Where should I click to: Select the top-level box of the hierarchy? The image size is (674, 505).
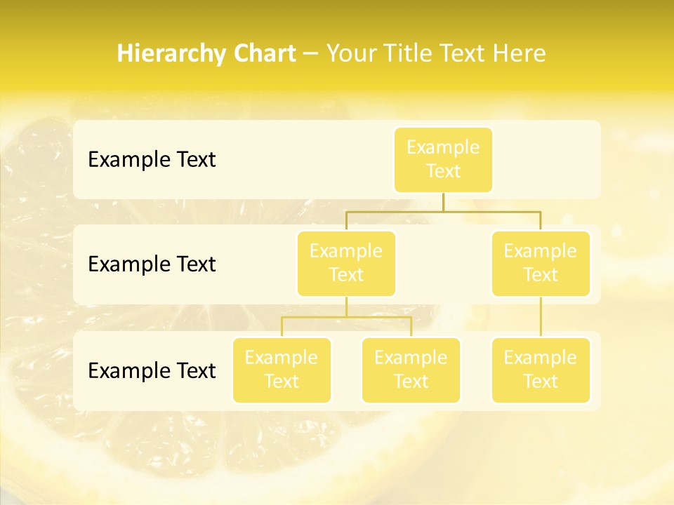click(443, 159)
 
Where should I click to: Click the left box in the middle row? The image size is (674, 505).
click(346, 263)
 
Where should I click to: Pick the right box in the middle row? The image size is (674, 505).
click(541, 263)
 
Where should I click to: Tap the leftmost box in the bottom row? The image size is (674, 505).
click(282, 370)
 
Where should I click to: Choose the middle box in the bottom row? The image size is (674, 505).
click(411, 370)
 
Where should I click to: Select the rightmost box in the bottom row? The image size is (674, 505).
click(541, 370)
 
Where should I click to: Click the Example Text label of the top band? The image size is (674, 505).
click(152, 160)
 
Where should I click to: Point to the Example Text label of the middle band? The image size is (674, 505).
click(152, 264)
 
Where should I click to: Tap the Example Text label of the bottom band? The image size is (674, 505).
click(152, 370)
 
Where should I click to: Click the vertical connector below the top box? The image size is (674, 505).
click(443, 202)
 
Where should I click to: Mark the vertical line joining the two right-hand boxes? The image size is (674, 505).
click(541, 317)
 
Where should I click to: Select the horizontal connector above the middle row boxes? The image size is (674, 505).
click(443, 211)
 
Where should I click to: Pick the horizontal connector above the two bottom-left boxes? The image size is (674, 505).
click(346, 317)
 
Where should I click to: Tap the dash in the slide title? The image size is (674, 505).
click(311, 55)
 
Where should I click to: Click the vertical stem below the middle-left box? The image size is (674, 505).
click(346, 307)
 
